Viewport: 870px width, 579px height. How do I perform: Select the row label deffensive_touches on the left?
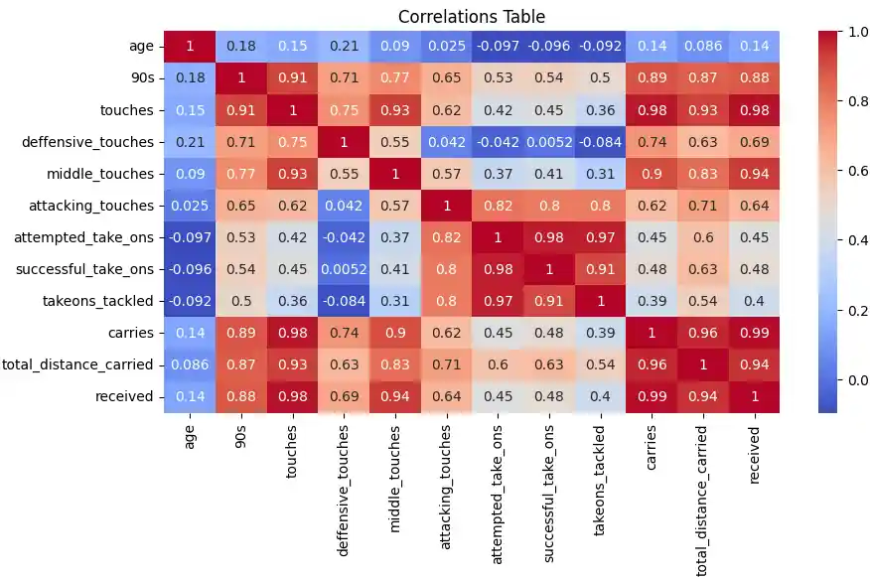(89, 142)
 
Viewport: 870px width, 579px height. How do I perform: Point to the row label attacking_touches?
(93, 206)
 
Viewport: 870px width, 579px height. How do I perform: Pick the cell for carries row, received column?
(757, 333)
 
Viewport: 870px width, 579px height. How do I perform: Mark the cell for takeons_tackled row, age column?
(190, 301)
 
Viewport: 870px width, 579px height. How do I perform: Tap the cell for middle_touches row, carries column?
(652, 174)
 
